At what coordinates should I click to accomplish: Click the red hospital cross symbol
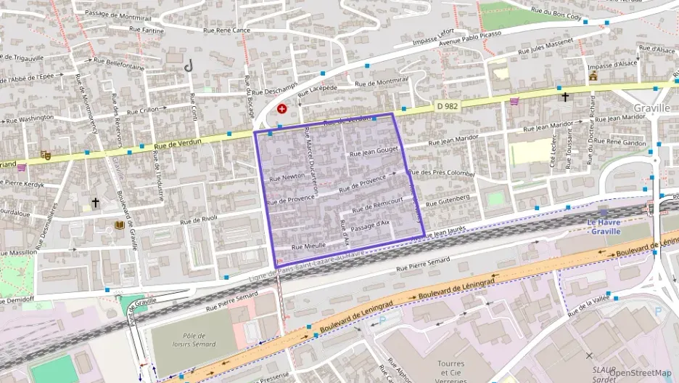pos(281,109)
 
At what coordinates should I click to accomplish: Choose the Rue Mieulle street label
pos(308,246)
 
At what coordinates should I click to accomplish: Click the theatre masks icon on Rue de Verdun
pos(45,155)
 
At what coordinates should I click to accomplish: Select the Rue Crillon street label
pos(143,111)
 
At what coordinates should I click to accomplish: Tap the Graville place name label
pos(650,108)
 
